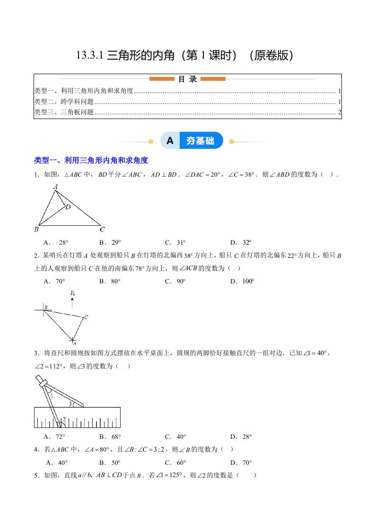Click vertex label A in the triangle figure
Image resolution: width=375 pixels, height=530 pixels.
[x=55, y=187]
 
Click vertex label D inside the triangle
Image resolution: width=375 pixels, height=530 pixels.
[x=68, y=207]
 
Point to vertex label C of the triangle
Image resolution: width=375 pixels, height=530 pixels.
[x=102, y=230]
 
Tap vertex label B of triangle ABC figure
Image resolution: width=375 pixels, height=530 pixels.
[x=36, y=230]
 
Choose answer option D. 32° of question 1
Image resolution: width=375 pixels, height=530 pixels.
[x=241, y=243]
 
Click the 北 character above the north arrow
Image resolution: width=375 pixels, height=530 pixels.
[x=72, y=293]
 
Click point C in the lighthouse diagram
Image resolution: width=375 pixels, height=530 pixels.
[x=86, y=317]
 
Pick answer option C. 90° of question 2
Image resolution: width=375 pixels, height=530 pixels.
[x=175, y=281]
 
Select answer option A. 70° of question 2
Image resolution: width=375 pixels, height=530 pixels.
[x=54, y=281]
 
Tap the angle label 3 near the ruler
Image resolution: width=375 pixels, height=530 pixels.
[x=70, y=404]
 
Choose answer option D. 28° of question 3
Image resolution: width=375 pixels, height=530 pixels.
[x=241, y=436]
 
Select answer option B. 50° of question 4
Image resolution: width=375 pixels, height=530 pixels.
[x=110, y=462]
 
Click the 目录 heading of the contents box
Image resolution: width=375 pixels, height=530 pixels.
[x=187, y=79]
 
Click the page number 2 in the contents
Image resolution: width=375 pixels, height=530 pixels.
[x=339, y=112]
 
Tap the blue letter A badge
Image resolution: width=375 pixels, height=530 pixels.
[x=170, y=141]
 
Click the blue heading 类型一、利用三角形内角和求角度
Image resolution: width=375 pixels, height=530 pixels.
[x=91, y=161]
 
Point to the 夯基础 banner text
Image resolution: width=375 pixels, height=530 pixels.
[x=200, y=141]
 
